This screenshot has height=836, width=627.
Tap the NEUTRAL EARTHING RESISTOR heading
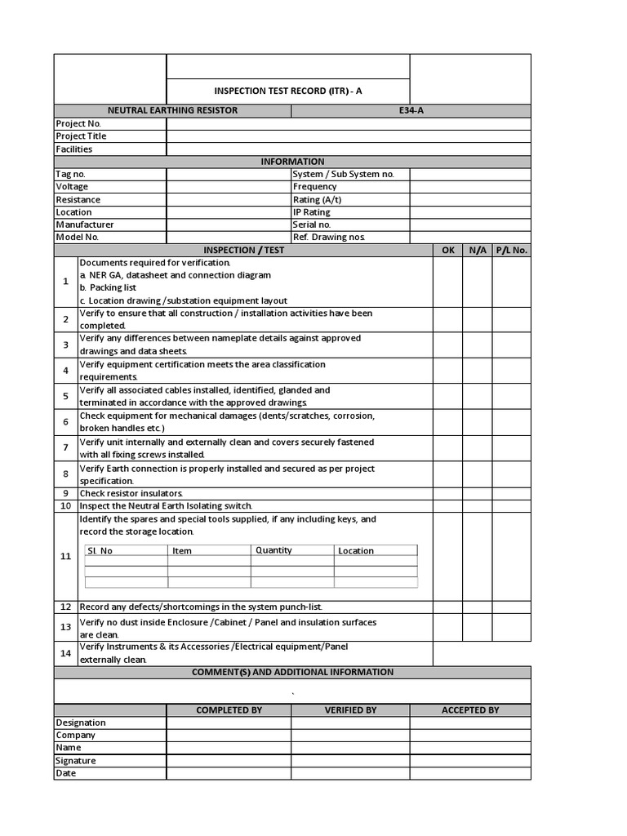[172, 110]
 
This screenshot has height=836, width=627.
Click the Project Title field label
[81, 136]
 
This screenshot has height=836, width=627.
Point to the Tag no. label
[70, 174]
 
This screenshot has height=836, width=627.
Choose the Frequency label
[314, 187]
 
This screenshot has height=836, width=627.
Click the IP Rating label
[311, 212]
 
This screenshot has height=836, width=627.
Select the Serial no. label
[312, 225]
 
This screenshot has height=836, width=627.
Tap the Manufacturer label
[85, 225]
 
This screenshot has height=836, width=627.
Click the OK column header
[447, 251]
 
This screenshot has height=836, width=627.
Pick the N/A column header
[477, 251]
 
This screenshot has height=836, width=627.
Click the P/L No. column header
[511, 251]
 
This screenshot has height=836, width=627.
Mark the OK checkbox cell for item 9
[447, 494]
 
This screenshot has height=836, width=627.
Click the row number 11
[66, 556]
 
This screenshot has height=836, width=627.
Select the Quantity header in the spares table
[273, 550]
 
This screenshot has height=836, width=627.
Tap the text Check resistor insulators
[131, 494]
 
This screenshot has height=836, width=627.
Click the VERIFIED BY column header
[350, 710]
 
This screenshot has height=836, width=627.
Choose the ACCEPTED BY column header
[470, 710]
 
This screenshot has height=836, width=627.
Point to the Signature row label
[76, 761]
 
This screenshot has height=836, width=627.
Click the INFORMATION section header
[292, 162]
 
